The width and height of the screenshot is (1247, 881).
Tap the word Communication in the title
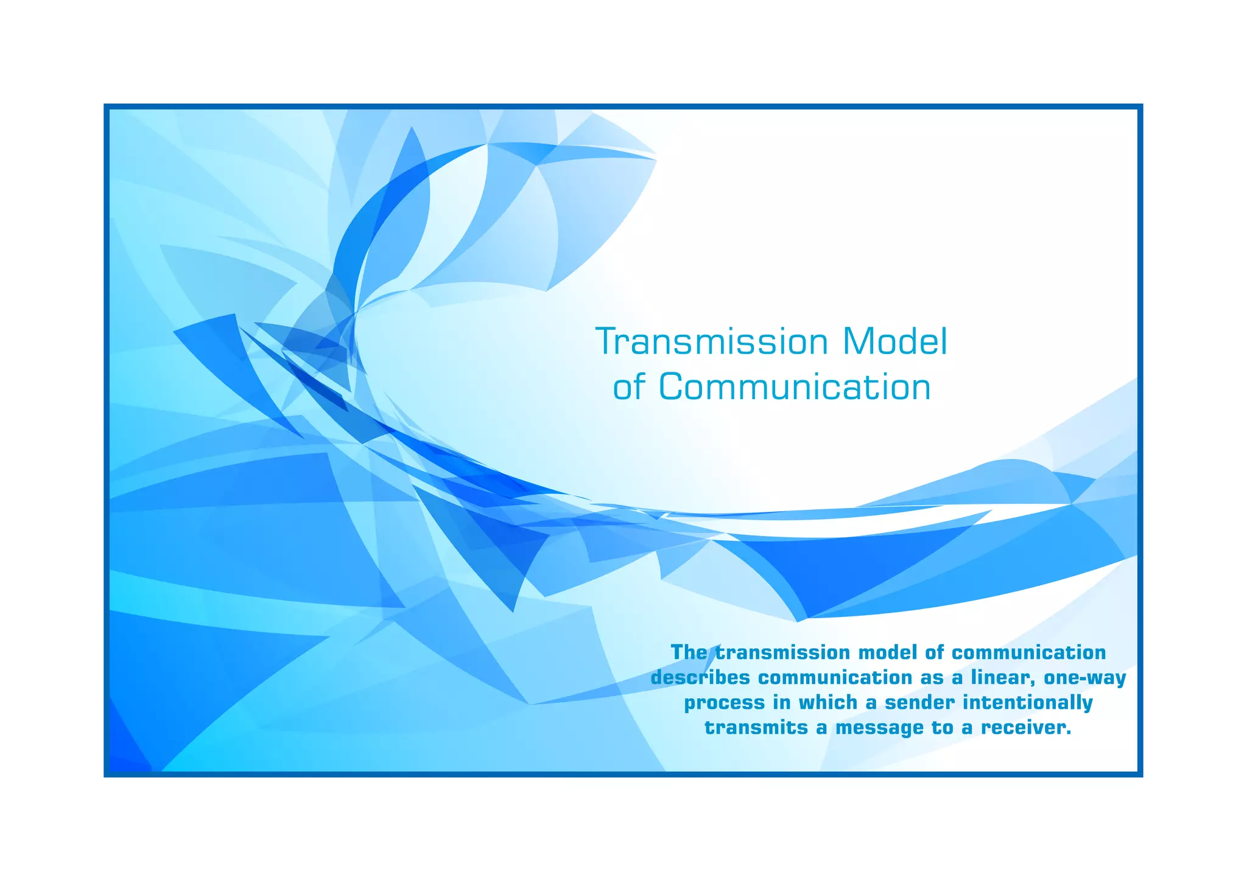pyautogui.click(x=795, y=386)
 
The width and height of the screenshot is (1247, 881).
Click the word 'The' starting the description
pyautogui.click(x=689, y=652)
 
